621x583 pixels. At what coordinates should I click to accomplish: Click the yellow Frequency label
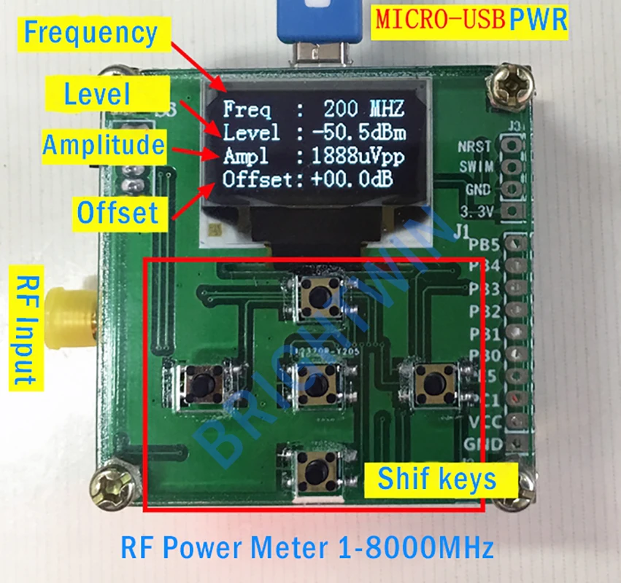click(90, 33)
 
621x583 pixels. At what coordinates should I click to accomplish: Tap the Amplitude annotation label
click(103, 145)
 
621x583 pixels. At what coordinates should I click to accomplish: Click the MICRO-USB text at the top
click(441, 19)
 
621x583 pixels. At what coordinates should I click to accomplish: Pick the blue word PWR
click(538, 19)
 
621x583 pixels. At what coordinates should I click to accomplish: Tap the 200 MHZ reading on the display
click(363, 110)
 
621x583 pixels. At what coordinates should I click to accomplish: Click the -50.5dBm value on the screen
click(358, 133)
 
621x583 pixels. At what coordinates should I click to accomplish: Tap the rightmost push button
click(436, 380)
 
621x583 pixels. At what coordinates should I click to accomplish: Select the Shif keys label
click(436, 479)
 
